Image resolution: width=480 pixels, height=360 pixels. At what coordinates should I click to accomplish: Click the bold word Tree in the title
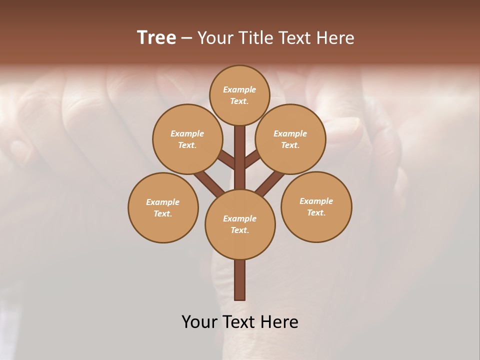click(156, 38)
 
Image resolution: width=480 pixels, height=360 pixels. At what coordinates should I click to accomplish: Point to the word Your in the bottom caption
click(199, 321)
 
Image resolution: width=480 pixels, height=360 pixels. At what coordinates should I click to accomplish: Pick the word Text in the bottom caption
click(239, 321)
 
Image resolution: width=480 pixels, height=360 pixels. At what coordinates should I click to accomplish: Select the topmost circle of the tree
click(239, 95)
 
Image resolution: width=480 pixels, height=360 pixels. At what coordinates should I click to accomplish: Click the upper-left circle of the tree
click(187, 139)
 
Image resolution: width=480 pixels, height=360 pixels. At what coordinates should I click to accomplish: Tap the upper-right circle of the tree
click(290, 139)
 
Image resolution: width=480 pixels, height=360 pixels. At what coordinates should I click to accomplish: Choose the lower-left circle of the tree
click(163, 207)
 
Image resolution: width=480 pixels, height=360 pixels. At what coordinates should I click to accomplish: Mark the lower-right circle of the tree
click(316, 206)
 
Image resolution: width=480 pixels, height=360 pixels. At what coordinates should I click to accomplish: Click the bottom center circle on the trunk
click(240, 224)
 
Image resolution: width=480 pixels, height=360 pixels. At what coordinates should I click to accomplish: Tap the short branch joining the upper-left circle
click(226, 160)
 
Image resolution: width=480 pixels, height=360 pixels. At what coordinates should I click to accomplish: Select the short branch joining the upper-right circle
click(252, 159)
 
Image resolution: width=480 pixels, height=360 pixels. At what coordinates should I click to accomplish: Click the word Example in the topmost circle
click(239, 89)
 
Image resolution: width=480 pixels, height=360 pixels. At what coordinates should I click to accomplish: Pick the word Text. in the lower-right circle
click(316, 212)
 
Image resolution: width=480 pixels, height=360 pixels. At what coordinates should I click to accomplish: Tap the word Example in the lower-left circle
click(162, 202)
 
